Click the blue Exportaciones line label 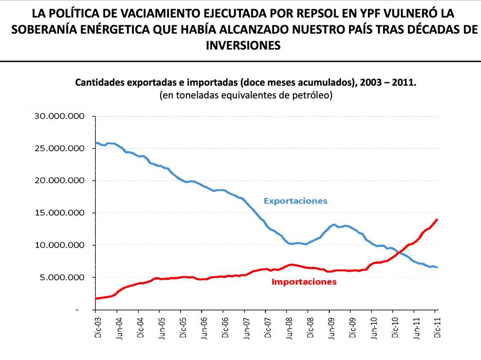(x=295, y=201)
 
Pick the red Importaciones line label (x=304, y=282)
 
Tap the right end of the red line (x=437, y=219)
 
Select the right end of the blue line (x=437, y=267)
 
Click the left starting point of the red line (x=96, y=298)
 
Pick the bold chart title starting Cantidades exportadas (x=246, y=83)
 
